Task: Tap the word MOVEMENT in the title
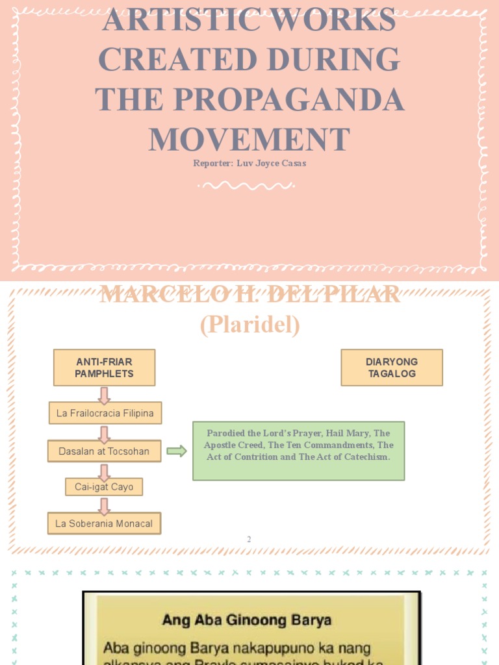coord(249,139)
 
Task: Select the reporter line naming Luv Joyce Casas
coord(249,163)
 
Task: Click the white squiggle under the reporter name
coord(246,185)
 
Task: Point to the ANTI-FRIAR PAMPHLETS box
coord(104,368)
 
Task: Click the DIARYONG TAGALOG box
coord(392,368)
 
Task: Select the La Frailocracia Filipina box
coord(105,413)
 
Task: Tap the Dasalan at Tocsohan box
coord(104,451)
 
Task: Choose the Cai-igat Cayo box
coord(104,486)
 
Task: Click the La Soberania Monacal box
coord(104,523)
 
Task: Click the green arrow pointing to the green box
coord(176,451)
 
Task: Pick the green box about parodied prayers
coord(298,451)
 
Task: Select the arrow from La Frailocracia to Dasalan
coord(104,433)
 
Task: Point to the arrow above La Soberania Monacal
coord(104,505)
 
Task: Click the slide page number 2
coord(249,539)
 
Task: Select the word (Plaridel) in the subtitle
coord(249,325)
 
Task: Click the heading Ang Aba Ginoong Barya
coord(247,620)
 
